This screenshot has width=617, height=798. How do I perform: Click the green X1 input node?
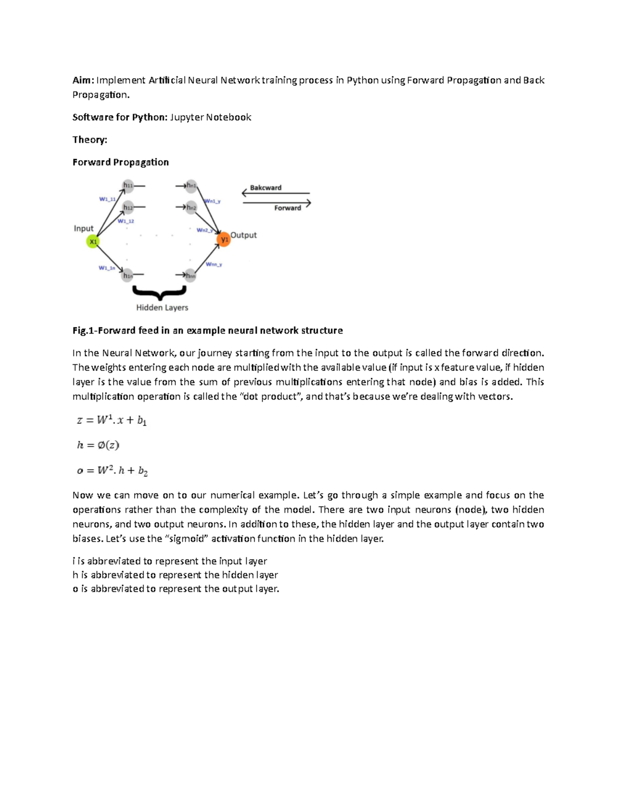click(93, 242)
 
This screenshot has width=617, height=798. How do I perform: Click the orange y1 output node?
click(224, 239)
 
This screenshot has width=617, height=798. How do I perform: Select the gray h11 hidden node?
click(128, 185)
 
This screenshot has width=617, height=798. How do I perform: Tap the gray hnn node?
click(190, 275)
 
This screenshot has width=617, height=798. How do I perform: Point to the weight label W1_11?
click(107, 199)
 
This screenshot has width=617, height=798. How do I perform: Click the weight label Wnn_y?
click(214, 264)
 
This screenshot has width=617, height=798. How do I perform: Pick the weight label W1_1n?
click(107, 268)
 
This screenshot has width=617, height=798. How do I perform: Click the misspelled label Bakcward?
click(265, 188)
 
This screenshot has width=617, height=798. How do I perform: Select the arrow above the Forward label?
click(277, 202)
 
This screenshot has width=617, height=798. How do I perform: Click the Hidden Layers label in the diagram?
click(162, 307)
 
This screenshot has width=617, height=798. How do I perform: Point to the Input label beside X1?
click(84, 228)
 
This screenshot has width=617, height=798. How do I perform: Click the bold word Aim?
click(83, 80)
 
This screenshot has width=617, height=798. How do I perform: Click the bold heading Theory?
click(90, 140)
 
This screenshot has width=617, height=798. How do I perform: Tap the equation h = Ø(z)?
click(98, 445)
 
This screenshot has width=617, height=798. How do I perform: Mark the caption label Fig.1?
click(83, 330)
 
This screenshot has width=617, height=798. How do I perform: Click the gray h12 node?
click(128, 208)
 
